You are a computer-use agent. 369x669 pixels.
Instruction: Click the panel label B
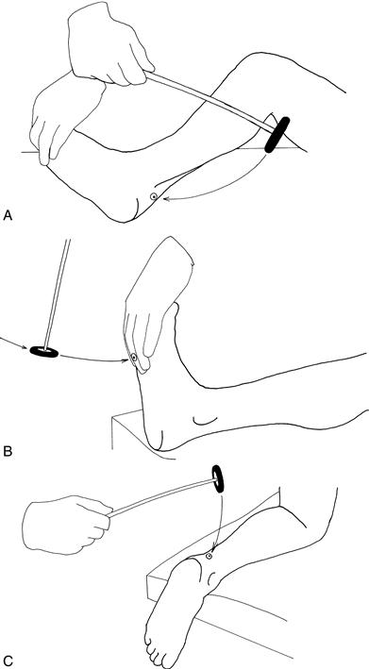(x=7, y=451)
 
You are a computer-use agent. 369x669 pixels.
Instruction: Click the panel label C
(x=8, y=661)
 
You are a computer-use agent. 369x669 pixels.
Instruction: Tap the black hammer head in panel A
(x=277, y=134)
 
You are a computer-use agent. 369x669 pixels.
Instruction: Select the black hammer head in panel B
(x=44, y=352)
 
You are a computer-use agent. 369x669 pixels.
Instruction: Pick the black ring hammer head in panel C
(x=218, y=479)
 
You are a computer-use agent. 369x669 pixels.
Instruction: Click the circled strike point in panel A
(x=153, y=196)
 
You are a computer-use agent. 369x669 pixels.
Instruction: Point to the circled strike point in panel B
(x=134, y=358)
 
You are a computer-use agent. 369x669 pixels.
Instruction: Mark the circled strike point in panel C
(x=209, y=557)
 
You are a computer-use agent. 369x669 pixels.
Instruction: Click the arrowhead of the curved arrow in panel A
(x=167, y=199)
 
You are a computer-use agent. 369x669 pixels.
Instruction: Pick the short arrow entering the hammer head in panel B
(x=14, y=343)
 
